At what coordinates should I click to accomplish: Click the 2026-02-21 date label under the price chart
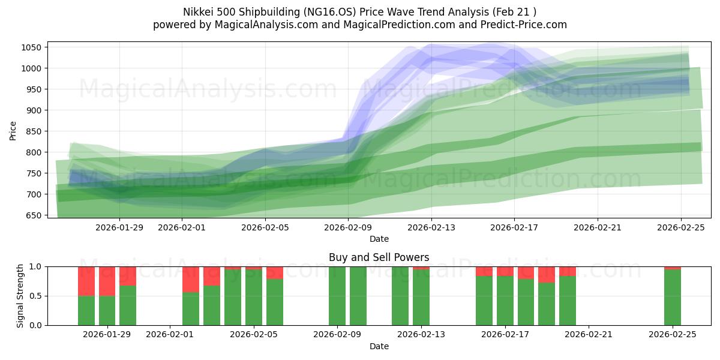(597, 227)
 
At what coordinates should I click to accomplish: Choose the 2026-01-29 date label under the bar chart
(107, 335)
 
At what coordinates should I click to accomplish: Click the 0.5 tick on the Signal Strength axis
(35, 296)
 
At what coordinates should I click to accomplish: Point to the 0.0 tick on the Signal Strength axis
(35, 325)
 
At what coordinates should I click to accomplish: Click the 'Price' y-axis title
(13, 130)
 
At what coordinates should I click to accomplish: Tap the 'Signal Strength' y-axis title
(20, 296)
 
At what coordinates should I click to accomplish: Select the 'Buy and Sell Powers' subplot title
(379, 257)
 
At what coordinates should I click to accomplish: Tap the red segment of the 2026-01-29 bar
(107, 281)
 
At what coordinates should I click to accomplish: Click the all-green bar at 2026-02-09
(337, 296)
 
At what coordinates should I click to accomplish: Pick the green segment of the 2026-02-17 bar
(505, 301)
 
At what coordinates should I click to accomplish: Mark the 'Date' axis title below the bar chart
(379, 346)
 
